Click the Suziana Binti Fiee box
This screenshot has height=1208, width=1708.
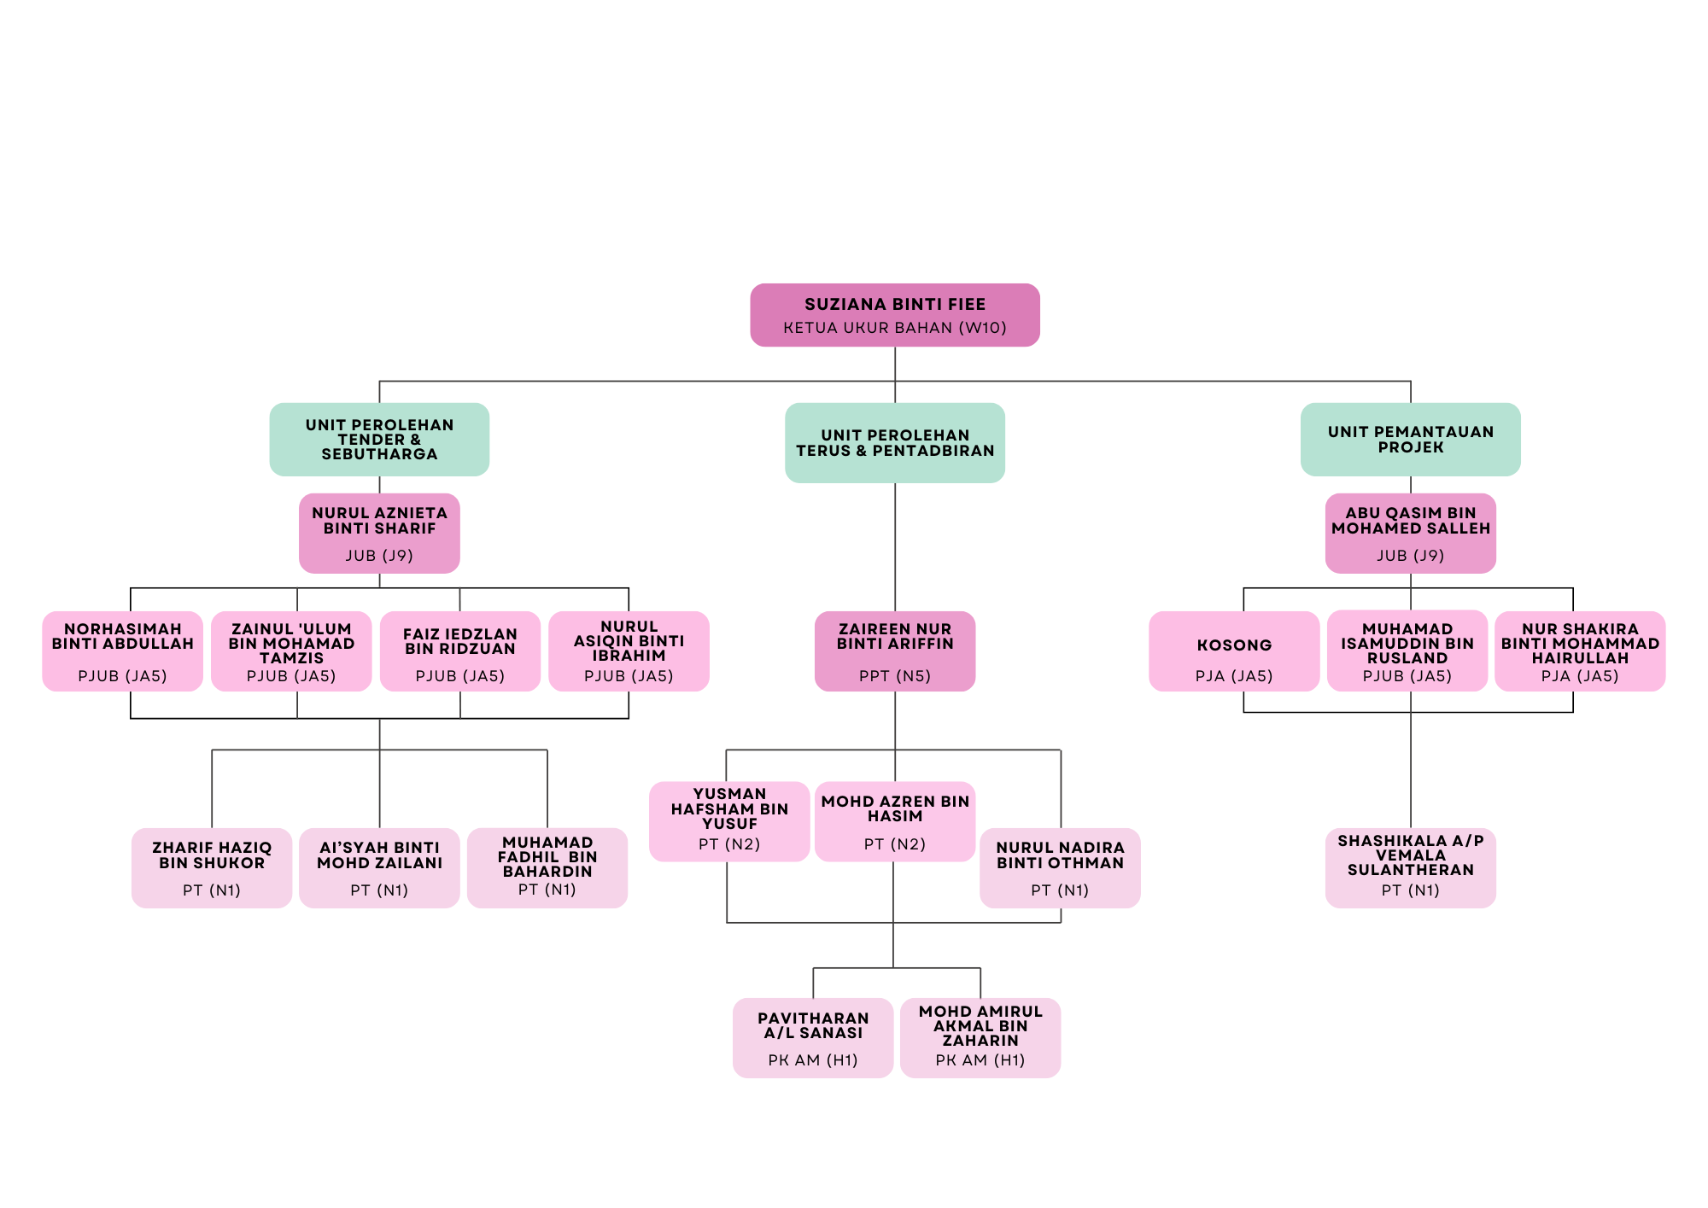[894, 314]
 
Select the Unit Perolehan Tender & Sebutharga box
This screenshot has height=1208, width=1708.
[379, 439]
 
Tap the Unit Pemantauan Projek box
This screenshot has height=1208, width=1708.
[1410, 439]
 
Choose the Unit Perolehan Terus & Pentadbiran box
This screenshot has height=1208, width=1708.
[894, 442]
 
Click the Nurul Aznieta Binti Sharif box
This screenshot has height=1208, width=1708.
[379, 533]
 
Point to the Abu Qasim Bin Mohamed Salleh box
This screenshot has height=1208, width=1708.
[1410, 533]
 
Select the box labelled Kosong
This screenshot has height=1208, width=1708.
[1234, 651]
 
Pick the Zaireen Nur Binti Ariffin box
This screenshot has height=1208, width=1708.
[894, 651]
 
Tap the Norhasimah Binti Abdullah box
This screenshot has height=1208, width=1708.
[122, 651]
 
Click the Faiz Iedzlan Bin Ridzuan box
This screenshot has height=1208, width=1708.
[459, 651]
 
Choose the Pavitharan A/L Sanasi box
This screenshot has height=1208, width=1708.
[812, 1037]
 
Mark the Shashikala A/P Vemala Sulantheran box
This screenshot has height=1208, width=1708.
[1410, 867]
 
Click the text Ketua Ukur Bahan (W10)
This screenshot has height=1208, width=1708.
[894, 328]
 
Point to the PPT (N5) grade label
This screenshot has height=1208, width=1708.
[894, 676]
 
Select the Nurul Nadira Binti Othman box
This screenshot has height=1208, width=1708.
[1060, 867]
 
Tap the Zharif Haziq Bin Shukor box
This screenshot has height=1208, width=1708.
[211, 867]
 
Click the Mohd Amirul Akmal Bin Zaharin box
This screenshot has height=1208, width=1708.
[980, 1037]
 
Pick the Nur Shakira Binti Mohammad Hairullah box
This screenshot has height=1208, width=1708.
[1579, 651]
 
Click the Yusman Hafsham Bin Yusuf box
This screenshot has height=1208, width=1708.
[728, 820]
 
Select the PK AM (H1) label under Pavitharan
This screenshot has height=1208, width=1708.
[812, 1060]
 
